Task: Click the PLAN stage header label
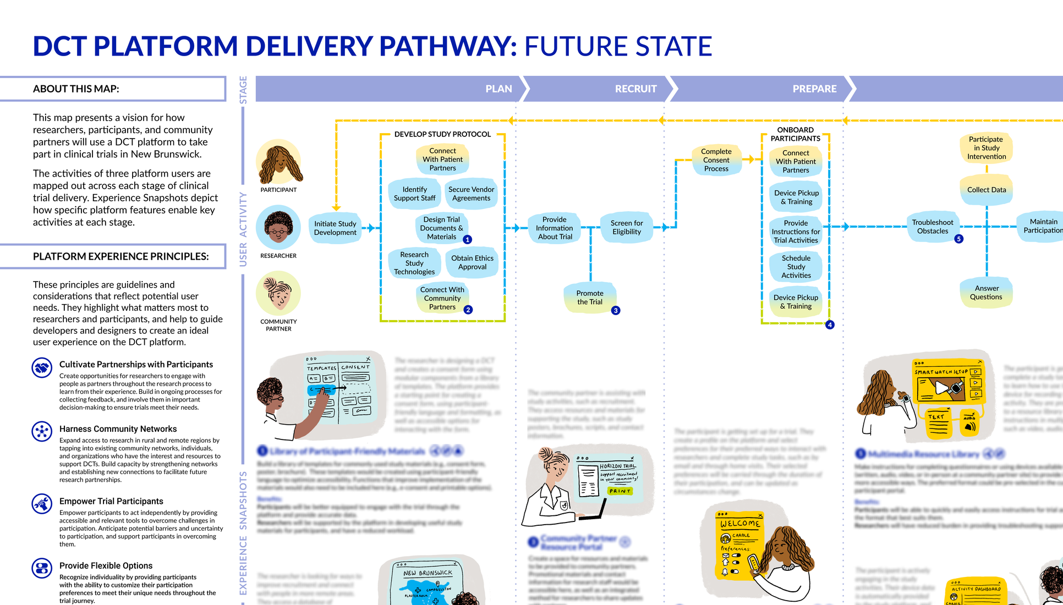(498, 89)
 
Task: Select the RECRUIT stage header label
(635, 89)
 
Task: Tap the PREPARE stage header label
(814, 89)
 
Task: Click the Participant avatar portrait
(279, 163)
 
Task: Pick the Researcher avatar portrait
(278, 228)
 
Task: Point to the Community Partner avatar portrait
(278, 293)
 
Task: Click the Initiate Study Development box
(335, 228)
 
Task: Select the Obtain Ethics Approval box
(472, 262)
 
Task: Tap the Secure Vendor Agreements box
(471, 194)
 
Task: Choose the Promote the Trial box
(590, 298)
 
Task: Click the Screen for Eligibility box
(626, 227)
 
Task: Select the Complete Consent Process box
(716, 160)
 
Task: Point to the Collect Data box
(987, 190)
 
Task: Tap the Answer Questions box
(986, 293)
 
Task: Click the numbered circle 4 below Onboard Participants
(830, 325)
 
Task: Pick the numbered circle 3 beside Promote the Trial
(616, 311)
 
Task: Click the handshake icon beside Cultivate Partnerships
(42, 367)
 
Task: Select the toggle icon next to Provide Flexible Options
(42, 568)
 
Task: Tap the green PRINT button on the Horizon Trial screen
(620, 491)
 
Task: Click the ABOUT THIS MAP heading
(76, 89)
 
